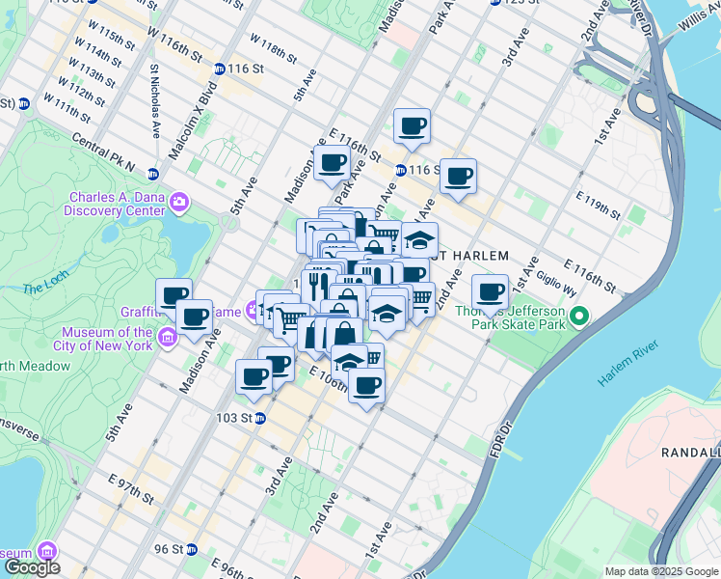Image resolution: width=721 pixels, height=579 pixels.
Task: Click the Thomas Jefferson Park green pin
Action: click(579, 316)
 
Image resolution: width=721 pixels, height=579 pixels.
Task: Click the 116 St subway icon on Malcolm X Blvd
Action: click(220, 69)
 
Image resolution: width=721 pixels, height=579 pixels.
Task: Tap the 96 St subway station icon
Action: click(192, 549)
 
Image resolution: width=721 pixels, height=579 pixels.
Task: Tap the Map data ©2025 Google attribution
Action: click(661, 571)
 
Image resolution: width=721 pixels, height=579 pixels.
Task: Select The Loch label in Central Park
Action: click(41, 287)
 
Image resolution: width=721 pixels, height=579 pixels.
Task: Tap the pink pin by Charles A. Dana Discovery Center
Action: click(178, 203)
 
